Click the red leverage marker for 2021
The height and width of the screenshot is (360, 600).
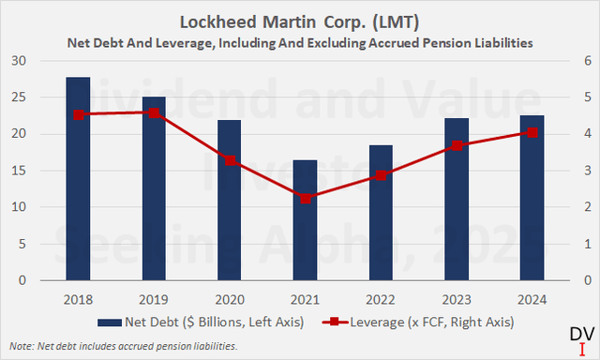tap(305, 198)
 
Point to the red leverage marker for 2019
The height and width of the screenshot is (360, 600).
tap(155, 112)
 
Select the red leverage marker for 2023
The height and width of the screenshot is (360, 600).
tap(457, 145)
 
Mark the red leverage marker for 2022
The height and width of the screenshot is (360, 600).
tap(381, 175)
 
